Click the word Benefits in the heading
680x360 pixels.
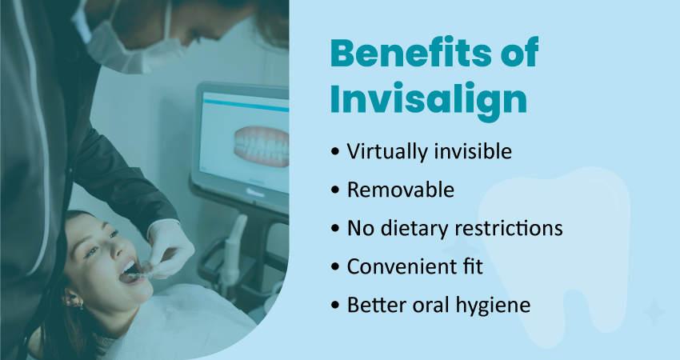[x=410, y=53]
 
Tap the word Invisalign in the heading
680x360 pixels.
[x=429, y=101]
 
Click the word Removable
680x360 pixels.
[x=401, y=190]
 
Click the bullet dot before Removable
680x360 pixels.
[x=334, y=190]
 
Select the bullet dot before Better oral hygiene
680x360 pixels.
[x=334, y=305]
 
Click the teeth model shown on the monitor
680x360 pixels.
[x=262, y=146]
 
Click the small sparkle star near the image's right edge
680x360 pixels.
[x=654, y=311]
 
